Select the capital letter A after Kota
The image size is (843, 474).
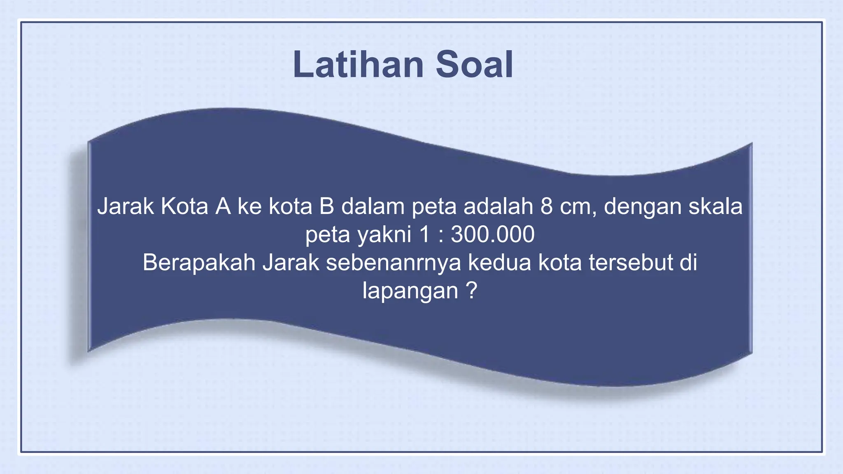[223, 206]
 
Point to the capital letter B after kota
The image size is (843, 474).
[326, 206]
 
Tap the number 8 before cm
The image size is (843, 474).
[547, 206]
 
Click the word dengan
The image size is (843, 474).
[642, 207]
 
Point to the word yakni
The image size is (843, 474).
[384, 235]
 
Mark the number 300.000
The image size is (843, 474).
[493, 235]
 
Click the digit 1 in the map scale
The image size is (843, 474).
[424, 235]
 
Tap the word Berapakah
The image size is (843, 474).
[199, 263]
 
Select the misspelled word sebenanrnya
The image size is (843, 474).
[394, 263]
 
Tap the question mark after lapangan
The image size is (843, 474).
[472, 290]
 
